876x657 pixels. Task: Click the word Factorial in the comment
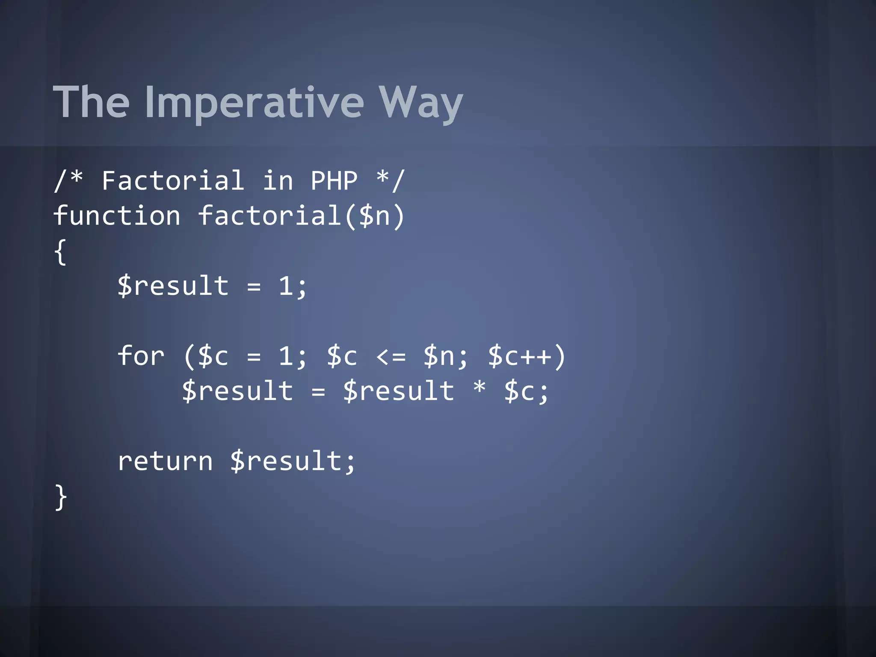coord(173,181)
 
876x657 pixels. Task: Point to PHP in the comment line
coord(334,181)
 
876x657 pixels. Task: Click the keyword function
coord(117,216)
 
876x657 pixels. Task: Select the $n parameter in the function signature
coord(375,216)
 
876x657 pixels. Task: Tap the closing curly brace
coord(61,497)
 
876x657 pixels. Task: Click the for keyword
coord(141,356)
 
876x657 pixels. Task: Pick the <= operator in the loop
coord(391,356)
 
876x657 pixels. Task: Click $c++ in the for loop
coord(520,356)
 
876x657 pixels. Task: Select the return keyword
coord(165,462)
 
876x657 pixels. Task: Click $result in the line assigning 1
coord(173,286)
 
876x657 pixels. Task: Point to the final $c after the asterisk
coord(520,391)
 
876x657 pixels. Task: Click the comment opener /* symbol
coord(68,181)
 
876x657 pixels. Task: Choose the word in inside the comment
coord(278,181)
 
